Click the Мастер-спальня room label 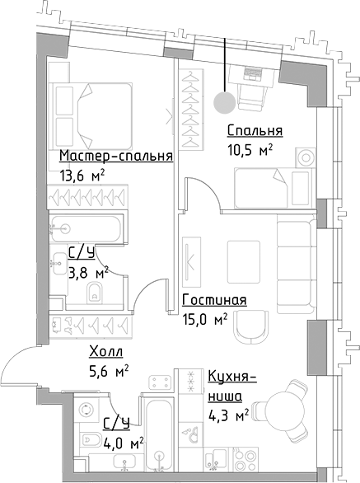(x=115, y=157)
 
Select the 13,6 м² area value (x=82, y=175)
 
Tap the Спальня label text (x=255, y=131)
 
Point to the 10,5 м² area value (x=249, y=149)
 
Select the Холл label (x=108, y=353)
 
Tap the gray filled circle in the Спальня (x=222, y=102)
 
